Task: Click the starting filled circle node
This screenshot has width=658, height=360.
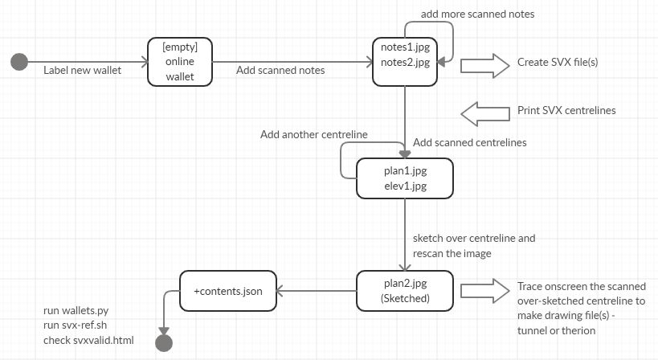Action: (x=19, y=62)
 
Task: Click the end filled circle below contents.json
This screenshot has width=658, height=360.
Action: (x=164, y=343)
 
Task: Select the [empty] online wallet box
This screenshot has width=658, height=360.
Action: (x=180, y=62)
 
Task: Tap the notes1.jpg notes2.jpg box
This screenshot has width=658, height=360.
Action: (x=405, y=62)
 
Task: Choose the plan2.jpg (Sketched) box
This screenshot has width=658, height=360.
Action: (x=405, y=290)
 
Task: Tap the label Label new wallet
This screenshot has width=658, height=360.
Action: (x=82, y=70)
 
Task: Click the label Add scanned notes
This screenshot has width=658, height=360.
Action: (x=280, y=70)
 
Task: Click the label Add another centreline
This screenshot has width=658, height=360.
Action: (x=313, y=134)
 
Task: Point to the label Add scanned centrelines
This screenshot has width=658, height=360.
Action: (x=469, y=142)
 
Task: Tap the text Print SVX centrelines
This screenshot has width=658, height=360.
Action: (x=567, y=110)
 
